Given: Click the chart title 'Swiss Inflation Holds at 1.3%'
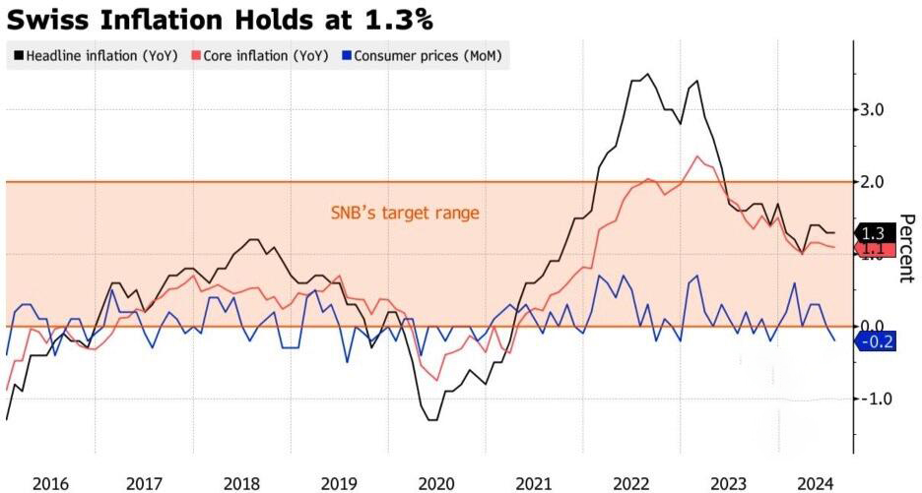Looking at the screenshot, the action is pos(220,20).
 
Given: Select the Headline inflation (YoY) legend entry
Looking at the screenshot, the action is pos(96,56).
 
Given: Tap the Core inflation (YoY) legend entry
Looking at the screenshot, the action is pos(260,56).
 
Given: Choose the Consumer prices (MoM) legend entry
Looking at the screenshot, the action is pos(422,56).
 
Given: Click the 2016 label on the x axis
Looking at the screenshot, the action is pos(50,484).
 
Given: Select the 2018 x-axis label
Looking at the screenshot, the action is pos(241,484).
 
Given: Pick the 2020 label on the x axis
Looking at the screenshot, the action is pos(436,484).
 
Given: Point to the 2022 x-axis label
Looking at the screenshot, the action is pos(631,484).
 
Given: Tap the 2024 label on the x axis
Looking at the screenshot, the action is pos(817,484).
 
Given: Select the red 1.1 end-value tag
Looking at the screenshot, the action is pos(875,249).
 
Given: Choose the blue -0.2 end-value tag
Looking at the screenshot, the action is pos(876,340).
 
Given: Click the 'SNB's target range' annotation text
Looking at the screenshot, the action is pos(405,213).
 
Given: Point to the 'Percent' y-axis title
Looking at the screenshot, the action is pos(906,248).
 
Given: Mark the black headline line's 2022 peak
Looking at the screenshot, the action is pos(647,74).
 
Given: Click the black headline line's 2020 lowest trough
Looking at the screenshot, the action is pos(432,419).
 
